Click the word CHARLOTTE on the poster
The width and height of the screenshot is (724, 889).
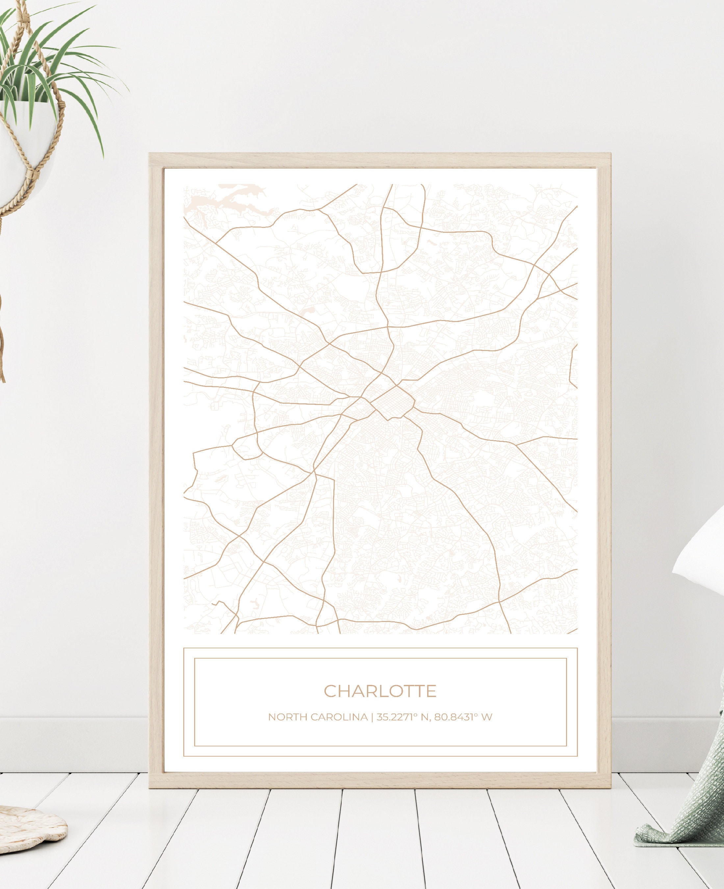point(380,690)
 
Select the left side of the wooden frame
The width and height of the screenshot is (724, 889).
point(156,459)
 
